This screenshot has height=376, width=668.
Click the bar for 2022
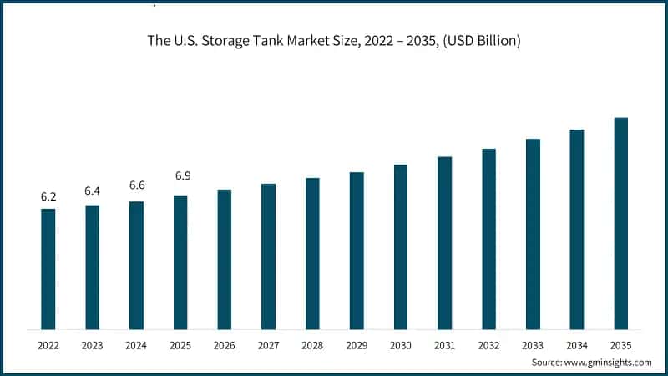pos(48,268)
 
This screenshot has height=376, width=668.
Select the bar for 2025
pos(180,262)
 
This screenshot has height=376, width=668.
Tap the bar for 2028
pos(312,253)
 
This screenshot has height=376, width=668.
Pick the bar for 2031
pos(444,242)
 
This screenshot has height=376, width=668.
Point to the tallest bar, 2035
pos(620,223)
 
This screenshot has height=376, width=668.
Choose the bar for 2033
pos(533,234)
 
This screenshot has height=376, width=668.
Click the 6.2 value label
pos(48,197)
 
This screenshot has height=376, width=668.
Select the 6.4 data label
pos(92,191)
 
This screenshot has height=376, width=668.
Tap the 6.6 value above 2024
pos(136,185)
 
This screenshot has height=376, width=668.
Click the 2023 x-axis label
pos(92,343)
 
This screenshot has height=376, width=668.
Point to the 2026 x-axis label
pos(224,343)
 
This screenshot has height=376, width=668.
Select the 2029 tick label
pos(357,343)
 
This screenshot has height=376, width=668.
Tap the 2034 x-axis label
pos(576,343)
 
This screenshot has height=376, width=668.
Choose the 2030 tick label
pos(401,343)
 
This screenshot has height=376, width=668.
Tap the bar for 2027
pos(268,256)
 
